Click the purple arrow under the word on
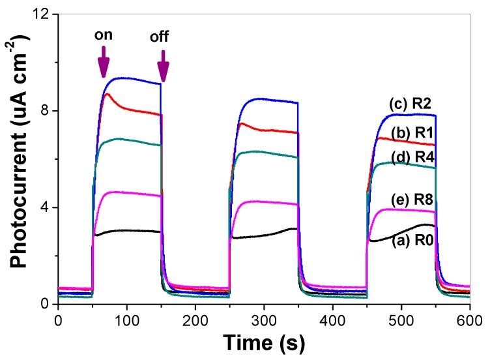pos(103,65)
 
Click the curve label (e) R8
pos(413,200)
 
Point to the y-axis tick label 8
pos(46,111)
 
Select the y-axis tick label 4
pos(46,207)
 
